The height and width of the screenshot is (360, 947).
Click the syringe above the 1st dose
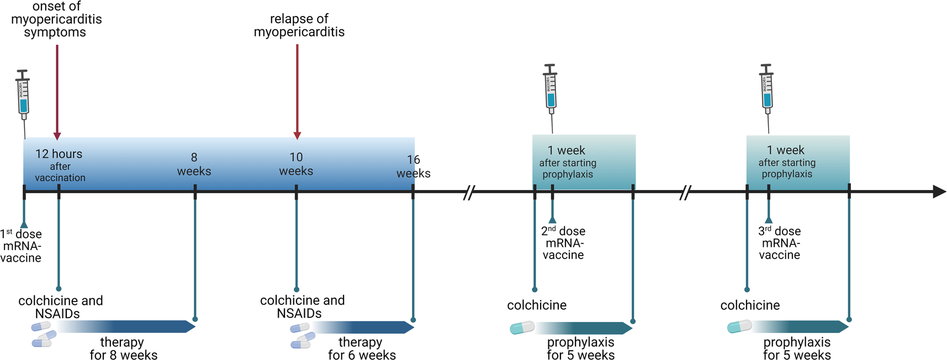point(23,94)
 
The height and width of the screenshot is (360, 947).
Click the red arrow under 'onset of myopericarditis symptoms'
point(57,91)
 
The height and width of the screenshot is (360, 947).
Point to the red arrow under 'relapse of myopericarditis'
point(297,91)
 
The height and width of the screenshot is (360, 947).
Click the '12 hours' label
point(59,154)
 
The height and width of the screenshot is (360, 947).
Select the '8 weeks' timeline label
point(194,165)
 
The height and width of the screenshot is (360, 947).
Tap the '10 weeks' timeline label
point(296,165)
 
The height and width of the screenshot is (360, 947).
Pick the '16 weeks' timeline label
point(413,167)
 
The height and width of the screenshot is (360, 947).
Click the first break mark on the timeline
point(469,193)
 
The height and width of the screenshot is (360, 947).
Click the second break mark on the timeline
point(685,193)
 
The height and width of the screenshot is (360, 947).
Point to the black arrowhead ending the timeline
point(939,192)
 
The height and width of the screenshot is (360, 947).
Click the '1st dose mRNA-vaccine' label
point(21,246)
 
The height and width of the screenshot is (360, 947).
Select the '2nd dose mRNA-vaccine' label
point(563,243)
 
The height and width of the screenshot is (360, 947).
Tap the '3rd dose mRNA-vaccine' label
point(779,243)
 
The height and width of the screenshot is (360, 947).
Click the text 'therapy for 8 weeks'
point(123,348)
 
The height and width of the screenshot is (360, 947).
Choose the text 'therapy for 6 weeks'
point(361,348)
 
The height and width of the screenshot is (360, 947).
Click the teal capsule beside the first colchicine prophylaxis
point(522,328)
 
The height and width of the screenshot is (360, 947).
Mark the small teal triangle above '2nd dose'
point(552,219)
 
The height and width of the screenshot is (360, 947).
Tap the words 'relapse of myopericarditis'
point(299,25)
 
